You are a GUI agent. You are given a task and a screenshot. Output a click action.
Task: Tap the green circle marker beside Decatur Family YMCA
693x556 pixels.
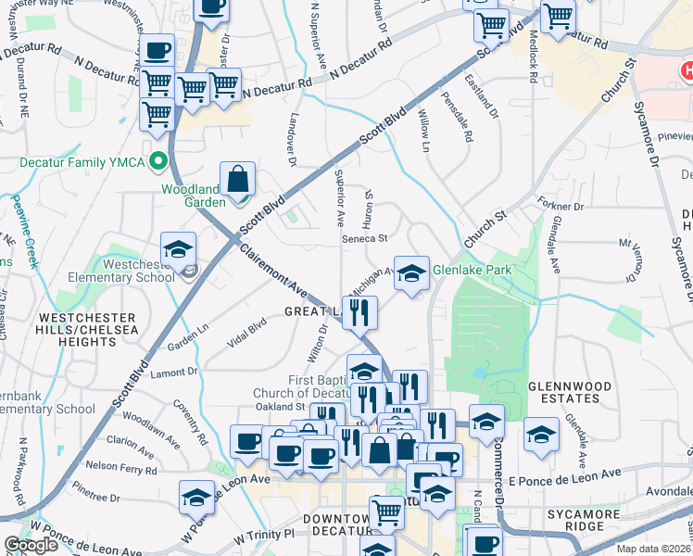[x=158, y=161]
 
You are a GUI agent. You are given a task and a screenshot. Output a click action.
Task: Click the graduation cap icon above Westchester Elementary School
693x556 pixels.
[x=178, y=248]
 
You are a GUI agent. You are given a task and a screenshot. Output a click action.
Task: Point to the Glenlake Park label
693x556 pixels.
[x=472, y=270]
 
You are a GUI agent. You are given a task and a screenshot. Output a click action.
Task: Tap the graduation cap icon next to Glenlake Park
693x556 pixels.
[x=412, y=272]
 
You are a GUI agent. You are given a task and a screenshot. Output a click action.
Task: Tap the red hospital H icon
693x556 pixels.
[x=687, y=69]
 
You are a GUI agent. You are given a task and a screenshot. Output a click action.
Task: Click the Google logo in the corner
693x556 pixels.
[x=31, y=545]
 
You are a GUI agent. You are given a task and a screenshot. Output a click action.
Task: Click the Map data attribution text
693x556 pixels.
[x=654, y=548]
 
